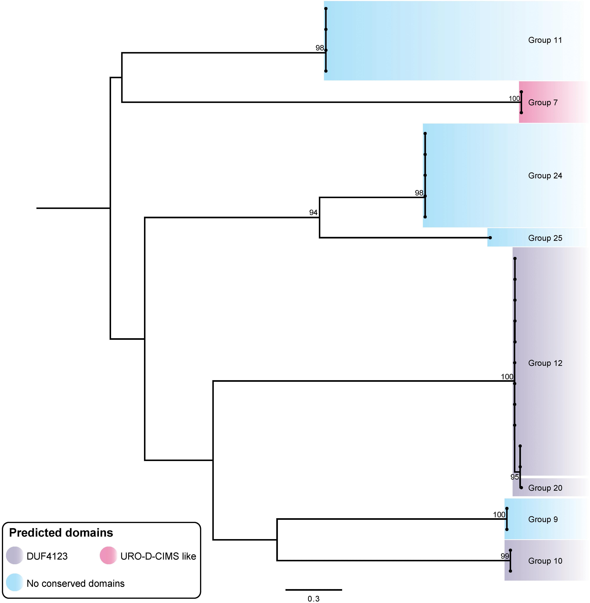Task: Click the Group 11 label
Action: tap(545, 40)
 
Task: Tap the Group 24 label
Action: tap(545, 176)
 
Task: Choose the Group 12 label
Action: tap(545, 363)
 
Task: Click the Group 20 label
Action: tap(545, 488)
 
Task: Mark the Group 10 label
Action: tap(545, 561)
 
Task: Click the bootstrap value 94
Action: tap(313, 212)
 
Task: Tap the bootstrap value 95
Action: tap(514, 477)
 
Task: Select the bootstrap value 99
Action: tap(505, 556)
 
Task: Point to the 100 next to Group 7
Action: tap(514, 99)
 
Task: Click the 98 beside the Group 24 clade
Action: tap(419, 193)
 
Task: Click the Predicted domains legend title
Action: tap(61, 533)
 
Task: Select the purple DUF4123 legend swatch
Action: tap(15, 556)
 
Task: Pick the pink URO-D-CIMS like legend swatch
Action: tap(108, 556)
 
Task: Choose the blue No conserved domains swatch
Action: tap(15, 584)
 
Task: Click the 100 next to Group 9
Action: tap(499, 515)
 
